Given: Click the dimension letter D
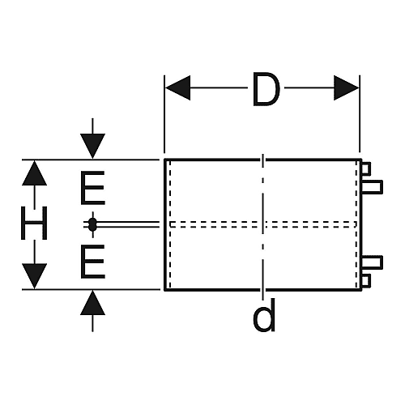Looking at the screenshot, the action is (x=266, y=89).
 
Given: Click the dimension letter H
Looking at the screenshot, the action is (x=34, y=223).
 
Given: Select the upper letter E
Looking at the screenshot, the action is (x=92, y=188).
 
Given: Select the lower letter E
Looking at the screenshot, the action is (x=92, y=262).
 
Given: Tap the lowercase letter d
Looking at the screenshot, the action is (x=264, y=315).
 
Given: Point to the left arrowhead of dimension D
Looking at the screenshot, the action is (x=177, y=87).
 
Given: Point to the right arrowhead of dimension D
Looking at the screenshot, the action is (x=347, y=87).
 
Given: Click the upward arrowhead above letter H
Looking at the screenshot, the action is (x=34, y=173).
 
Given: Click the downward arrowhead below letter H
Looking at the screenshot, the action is (x=34, y=276).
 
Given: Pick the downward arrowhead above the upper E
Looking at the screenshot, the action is (x=92, y=146).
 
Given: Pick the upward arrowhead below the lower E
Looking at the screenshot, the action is (x=92, y=303).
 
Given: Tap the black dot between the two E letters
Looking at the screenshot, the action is (x=92, y=224).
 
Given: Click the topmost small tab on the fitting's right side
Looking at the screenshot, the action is (x=366, y=168).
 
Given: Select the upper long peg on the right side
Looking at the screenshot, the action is (x=372, y=187).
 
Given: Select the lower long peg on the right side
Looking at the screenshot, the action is (x=372, y=262).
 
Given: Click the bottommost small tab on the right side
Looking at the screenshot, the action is (x=366, y=281).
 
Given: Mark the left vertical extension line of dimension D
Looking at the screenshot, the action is (x=164, y=114).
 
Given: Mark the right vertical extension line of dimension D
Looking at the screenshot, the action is (x=360, y=114).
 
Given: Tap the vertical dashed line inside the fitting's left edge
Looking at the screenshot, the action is (x=169, y=224).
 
